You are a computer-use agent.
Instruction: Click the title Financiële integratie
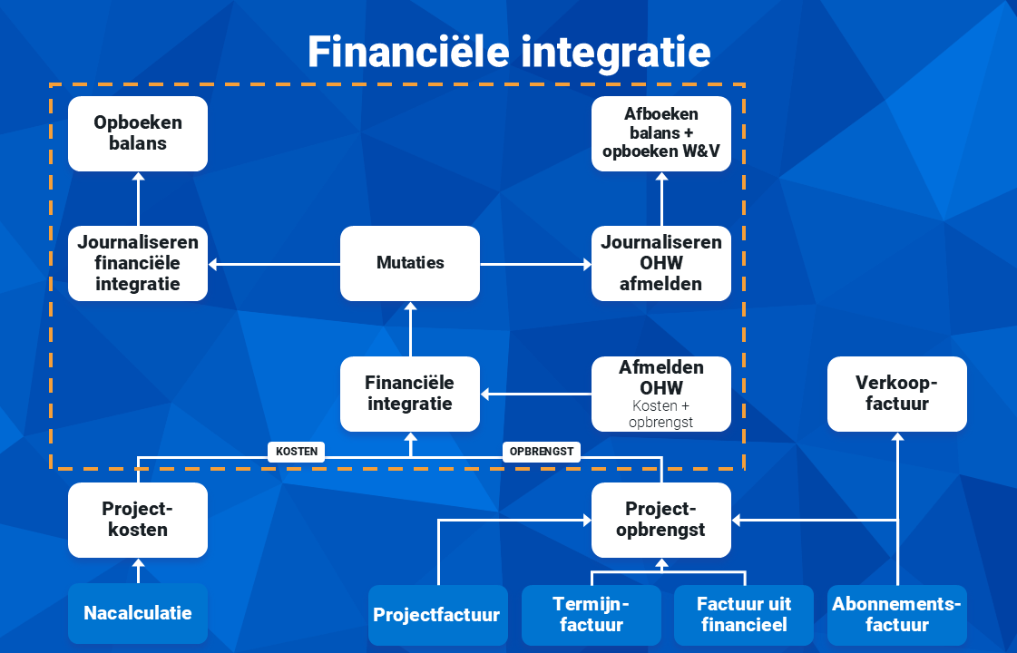pyautogui.click(x=509, y=52)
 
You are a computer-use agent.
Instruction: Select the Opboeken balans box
pyautogui.click(x=138, y=133)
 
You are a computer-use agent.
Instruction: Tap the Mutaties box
pyautogui.click(x=410, y=263)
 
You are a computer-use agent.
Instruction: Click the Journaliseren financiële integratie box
pyautogui.click(x=138, y=263)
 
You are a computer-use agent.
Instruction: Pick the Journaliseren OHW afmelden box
pyautogui.click(x=661, y=263)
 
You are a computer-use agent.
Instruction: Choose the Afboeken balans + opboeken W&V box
pyautogui.click(x=661, y=133)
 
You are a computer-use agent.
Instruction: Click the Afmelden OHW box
pyautogui.click(x=661, y=394)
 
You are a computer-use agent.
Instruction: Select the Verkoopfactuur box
pyautogui.click(x=897, y=394)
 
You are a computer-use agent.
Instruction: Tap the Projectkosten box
pyautogui.click(x=138, y=520)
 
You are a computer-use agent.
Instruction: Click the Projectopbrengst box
pyautogui.click(x=661, y=520)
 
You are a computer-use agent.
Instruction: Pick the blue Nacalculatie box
pyautogui.click(x=138, y=613)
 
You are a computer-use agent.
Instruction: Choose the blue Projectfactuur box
pyautogui.click(x=438, y=615)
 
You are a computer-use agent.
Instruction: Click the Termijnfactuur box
pyautogui.click(x=592, y=615)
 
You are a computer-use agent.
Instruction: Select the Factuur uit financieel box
pyautogui.click(x=744, y=615)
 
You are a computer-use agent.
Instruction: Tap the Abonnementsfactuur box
pyautogui.click(x=897, y=615)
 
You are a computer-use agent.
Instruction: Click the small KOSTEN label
pyautogui.click(x=297, y=452)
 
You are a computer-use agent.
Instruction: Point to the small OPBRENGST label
pyautogui.click(x=542, y=452)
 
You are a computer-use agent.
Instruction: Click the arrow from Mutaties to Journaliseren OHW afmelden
pyautogui.click(x=536, y=264)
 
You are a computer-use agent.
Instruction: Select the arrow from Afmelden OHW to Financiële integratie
pyautogui.click(x=536, y=394)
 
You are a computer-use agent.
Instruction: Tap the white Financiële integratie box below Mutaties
pyautogui.click(x=410, y=394)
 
